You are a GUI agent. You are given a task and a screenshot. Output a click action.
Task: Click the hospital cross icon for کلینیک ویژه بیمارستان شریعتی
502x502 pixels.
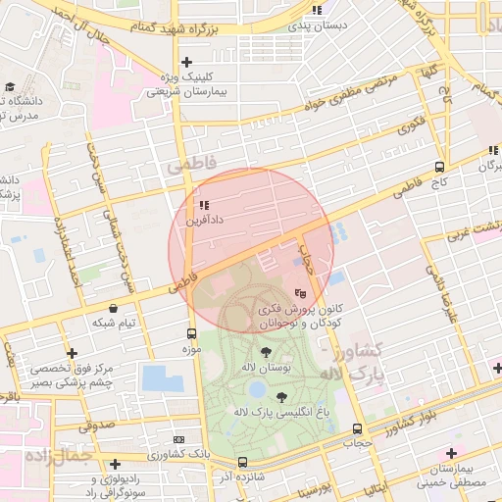coord(185,62)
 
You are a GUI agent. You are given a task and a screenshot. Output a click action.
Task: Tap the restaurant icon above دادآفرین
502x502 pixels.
coord(204,206)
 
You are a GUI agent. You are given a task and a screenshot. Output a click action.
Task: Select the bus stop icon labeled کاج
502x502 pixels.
coord(439,167)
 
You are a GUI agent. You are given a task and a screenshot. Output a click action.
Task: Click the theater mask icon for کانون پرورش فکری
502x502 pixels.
coord(301,292)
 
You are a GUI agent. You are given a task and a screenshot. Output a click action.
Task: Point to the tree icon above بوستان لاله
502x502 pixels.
coord(266,350)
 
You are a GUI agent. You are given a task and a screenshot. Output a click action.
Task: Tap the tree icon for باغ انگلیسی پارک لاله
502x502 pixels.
coord(283,396)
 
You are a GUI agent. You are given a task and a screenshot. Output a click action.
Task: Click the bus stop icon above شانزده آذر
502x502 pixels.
coord(242,462)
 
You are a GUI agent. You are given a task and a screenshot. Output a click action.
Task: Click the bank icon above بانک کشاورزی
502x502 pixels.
coord(178,440)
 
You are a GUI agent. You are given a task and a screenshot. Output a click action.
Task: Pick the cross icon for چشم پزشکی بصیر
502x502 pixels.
coord(72,353)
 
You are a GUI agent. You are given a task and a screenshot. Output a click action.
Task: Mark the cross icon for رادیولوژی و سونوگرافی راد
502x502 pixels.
coord(116,464)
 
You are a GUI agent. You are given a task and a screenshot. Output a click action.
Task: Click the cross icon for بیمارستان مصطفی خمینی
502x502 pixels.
coord(451,453)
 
